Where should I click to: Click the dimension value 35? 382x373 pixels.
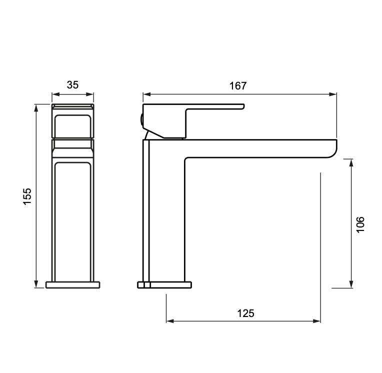pyautogui.click(x=72, y=85)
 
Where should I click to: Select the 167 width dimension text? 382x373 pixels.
pyautogui.click(x=238, y=86)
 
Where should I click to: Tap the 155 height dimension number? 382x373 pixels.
pyautogui.click(x=27, y=196)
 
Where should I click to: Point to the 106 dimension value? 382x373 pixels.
pyautogui.click(x=360, y=224)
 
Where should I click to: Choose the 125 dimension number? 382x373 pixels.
pyautogui.click(x=246, y=313)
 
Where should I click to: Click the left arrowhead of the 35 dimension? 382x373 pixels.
pyautogui.click(x=56, y=94)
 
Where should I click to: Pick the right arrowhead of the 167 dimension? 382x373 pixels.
pyautogui.click(x=333, y=94)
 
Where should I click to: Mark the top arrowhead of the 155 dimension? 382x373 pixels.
pyautogui.click(x=36, y=108)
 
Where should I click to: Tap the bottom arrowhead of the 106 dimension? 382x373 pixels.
pyautogui.click(x=351, y=284)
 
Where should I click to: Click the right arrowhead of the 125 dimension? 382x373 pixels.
pyautogui.click(x=316, y=321)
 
